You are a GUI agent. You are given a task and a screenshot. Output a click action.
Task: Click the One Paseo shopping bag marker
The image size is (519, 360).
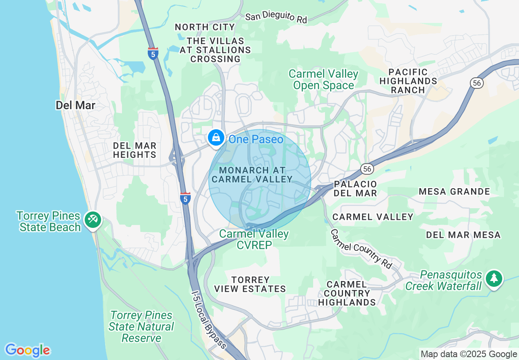[x=216, y=138]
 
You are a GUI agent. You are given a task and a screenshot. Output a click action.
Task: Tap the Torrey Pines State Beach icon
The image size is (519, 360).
[x=93, y=220]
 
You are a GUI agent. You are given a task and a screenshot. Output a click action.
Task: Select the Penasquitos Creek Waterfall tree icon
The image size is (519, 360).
[x=494, y=279]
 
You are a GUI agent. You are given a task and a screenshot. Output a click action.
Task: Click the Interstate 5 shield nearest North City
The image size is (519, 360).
[x=153, y=54]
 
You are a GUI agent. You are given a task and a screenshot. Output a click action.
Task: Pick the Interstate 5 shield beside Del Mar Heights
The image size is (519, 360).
[x=185, y=198]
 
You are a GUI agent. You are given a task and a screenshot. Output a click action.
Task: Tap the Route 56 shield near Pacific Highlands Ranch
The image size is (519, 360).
[x=477, y=83]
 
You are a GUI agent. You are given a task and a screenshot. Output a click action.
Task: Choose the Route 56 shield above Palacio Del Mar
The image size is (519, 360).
[x=367, y=169]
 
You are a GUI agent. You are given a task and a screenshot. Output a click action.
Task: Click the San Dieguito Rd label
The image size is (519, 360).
[x=276, y=17]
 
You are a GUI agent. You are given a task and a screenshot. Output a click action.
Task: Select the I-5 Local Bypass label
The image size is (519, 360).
[x=209, y=319]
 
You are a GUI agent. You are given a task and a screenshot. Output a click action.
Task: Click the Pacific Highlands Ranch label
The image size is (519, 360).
[x=408, y=81]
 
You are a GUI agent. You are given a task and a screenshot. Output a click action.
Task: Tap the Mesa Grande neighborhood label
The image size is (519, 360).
[x=454, y=191]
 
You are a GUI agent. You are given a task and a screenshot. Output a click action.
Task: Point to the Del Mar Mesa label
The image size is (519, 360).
[x=463, y=235]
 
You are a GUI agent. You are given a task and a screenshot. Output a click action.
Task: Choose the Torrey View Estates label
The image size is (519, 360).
[x=250, y=284]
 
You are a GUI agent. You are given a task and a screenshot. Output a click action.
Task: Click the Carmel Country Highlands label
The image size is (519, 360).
[x=347, y=293]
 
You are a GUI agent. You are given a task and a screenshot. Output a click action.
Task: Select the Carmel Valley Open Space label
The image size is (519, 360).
[x=323, y=80]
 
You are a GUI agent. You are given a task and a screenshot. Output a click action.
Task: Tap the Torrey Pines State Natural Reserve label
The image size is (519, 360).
[x=142, y=326]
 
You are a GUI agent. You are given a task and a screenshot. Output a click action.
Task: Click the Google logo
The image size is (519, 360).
[x=27, y=350]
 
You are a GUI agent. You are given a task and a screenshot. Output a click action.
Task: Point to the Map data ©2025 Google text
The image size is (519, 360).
[x=469, y=354]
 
